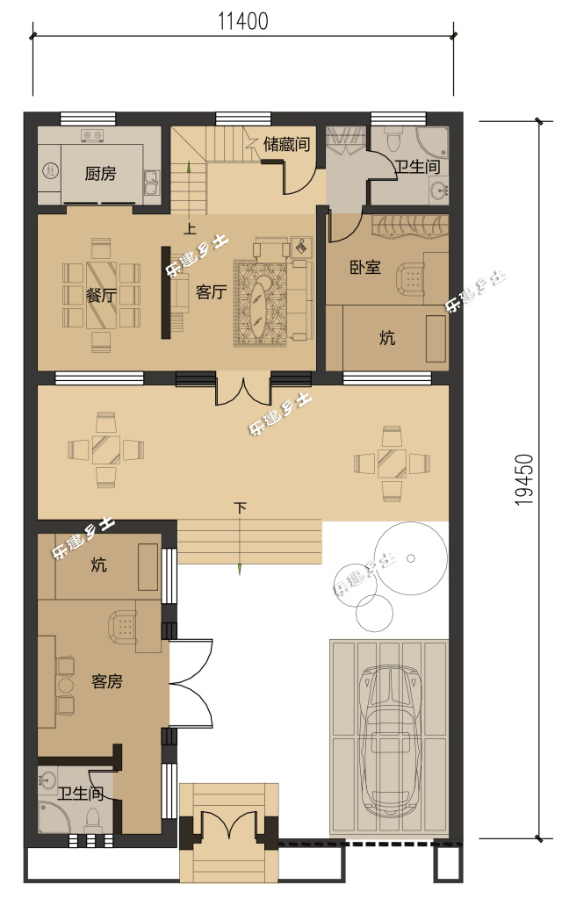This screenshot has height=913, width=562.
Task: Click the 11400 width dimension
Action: click(x=243, y=21)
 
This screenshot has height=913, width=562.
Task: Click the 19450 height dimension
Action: click(x=525, y=479)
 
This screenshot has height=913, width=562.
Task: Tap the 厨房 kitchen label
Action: click(x=100, y=174)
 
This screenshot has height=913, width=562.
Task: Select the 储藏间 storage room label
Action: click(x=286, y=144)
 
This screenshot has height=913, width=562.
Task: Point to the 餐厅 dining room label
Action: click(x=102, y=295)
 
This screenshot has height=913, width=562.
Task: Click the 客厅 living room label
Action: click(x=211, y=293)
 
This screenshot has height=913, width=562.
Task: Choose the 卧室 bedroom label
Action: click(x=364, y=268)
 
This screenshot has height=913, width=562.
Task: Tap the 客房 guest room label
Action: click(x=106, y=680)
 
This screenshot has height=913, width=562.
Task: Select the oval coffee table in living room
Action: click(x=261, y=303)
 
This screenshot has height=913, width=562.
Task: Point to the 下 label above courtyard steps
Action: click(x=241, y=508)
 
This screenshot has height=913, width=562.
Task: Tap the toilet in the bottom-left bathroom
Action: click(x=92, y=819)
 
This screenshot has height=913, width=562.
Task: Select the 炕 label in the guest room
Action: click(x=99, y=565)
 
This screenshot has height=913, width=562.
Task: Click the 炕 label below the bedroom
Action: click(x=387, y=337)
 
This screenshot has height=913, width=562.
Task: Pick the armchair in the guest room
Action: click(x=123, y=626)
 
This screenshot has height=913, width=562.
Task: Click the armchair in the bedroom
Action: click(x=410, y=279)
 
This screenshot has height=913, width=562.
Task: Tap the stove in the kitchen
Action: click(x=92, y=135)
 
